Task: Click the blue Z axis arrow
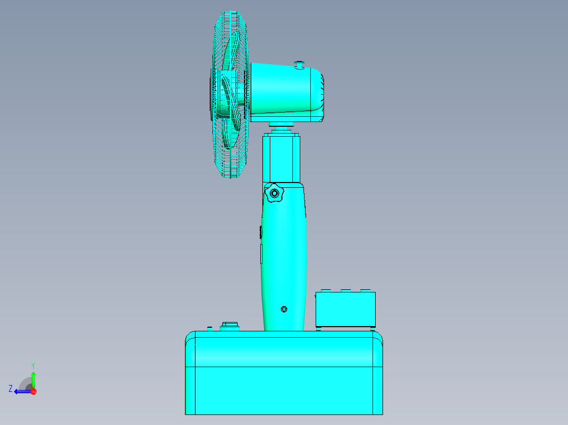point(22,391)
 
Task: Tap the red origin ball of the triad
point(33,391)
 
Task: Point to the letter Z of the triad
point(11,388)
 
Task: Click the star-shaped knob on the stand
point(274,194)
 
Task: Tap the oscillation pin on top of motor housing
point(299,65)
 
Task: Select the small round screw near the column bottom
point(285,309)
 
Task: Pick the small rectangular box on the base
point(345,309)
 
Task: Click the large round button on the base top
point(230,326)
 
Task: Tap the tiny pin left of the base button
point(210,328)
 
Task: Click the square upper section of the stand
point(282,158)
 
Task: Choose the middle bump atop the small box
point(345,290)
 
